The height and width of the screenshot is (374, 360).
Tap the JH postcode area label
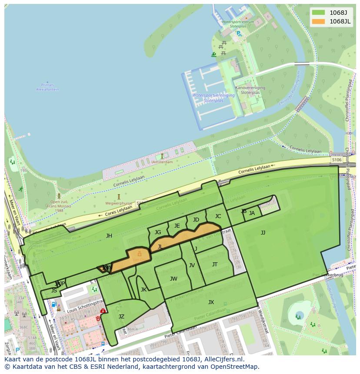(109, 236)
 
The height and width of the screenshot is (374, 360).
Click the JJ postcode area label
(263, 233)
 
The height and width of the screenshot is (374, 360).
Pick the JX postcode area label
(211, 302)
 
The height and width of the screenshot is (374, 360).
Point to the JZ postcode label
(121, 317)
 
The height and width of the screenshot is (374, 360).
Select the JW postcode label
(173, 279)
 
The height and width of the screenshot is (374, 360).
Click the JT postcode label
(215, 265)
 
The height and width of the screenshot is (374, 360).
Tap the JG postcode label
(158, 232)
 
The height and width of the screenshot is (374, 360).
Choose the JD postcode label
(196, 220)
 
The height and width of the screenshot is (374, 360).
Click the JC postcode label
(218, 216)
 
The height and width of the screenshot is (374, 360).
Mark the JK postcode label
(143, 290)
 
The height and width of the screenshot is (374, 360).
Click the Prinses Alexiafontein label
(47, 87)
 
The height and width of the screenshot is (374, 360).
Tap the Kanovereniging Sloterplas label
(250, 90)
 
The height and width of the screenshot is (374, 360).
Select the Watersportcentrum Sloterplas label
(238, 24)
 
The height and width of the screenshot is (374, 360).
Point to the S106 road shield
(337, 160)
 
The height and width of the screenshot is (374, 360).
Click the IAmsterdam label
(162, 162)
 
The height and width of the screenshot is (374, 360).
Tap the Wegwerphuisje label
(118, 203)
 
